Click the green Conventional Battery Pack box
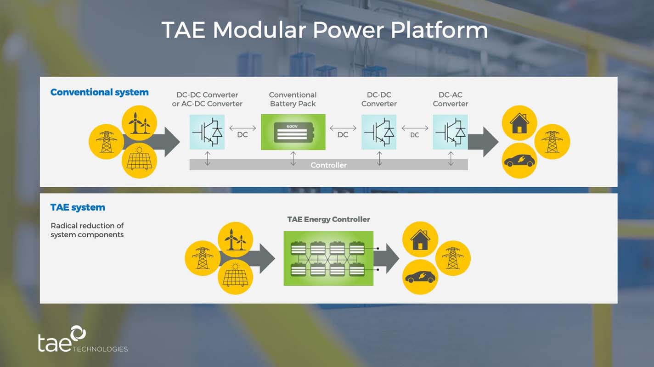coord(293,132)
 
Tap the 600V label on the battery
coord(292,126)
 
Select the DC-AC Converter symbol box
coord(450,132)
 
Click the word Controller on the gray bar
coord(328,165)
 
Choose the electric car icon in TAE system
coord(420,277)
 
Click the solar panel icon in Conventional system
coord(139,160)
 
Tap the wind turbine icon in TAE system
coord(235,239)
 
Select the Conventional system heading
coord(99,92)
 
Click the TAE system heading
coord(78,207)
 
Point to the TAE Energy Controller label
coord(328,219)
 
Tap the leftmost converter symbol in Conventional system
coord(207,132)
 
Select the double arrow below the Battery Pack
coord(293,158)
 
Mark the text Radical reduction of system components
coord(87,230)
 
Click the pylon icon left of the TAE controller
coord(203,258)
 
